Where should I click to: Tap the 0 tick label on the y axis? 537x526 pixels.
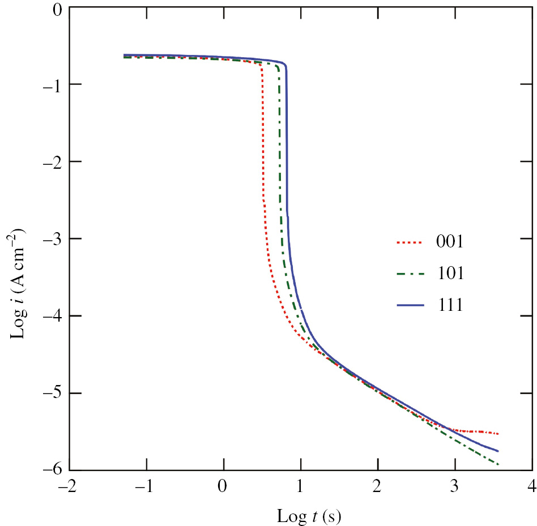57,8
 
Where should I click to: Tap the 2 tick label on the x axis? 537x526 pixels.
378,487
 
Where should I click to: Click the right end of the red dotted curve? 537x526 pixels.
498,434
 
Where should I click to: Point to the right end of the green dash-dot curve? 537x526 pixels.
498,464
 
